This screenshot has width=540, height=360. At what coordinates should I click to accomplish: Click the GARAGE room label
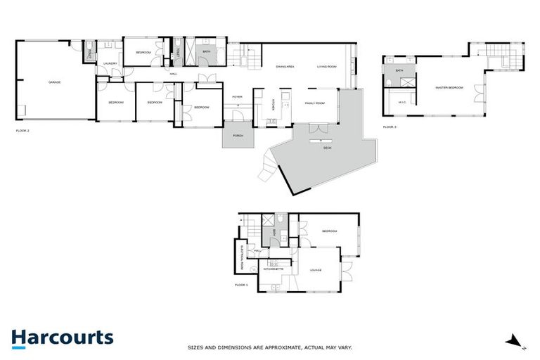pyautogui.click(x=54, y=82)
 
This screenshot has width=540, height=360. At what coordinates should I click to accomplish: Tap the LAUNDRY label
pyautogui.click(x=110, y=64)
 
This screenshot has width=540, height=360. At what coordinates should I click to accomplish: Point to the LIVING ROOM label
pyautogui.click(x=327, y=66)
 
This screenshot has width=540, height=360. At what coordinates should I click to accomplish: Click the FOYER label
pyautogui.click(x=237, y=97)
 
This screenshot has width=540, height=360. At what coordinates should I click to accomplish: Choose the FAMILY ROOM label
pyautogui.click(x=314, y=103)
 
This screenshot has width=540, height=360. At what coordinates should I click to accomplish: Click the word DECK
pyautogui.click(x=327, y=148)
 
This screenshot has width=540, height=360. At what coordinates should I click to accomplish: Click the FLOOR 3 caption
pyautogui.click(x=390, y=127)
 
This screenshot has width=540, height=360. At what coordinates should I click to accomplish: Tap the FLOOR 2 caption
pyautogui.click(x=22, y=131)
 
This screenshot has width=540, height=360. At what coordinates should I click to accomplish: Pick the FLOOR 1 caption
pyautogui.click(x=241, y=285)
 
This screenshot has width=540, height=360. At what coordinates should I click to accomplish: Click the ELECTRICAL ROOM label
pyautogui.click(x=241, y=257)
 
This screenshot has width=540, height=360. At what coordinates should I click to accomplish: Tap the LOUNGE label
pyautogui.click(x=314, y=269)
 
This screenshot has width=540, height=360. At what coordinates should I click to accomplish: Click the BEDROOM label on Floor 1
pyautogui.click(x=330, y=231)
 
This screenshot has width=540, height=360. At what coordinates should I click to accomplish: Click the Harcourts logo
pyautogui.click(x=62, y=337)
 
